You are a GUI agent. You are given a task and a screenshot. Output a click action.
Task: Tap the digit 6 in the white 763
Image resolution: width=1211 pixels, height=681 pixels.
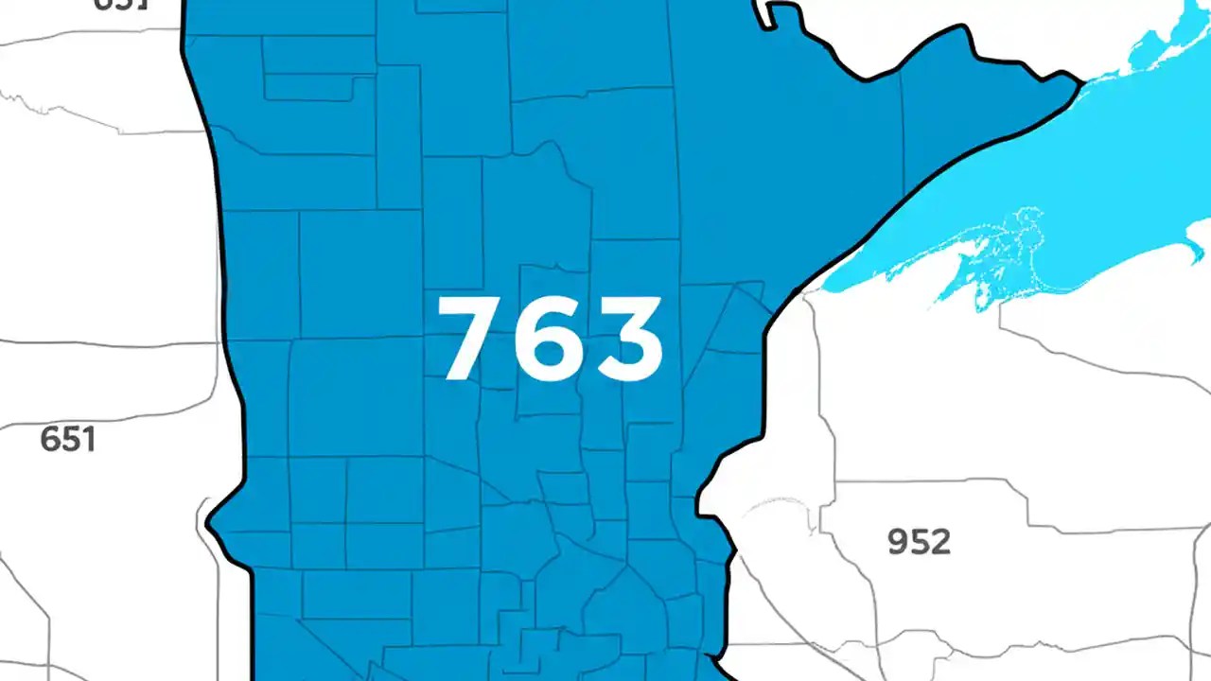[552, 339]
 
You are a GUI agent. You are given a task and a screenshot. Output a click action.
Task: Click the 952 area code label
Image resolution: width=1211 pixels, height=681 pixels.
[919, 542]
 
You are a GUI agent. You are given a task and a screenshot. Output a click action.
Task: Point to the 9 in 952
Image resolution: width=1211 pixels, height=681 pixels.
[899, 542]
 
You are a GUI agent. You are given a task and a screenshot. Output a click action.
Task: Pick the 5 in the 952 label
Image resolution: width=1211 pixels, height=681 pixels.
[920, 542]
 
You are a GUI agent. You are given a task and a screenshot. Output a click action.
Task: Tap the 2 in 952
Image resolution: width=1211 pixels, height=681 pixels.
[939, 542]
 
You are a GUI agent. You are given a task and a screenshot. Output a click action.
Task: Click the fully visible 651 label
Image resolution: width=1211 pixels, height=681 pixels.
[68, 440]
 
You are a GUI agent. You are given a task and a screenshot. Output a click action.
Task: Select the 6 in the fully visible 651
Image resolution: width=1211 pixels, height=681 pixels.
[51, 440]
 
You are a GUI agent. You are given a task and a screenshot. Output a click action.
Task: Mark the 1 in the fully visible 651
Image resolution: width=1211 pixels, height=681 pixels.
[89, 440]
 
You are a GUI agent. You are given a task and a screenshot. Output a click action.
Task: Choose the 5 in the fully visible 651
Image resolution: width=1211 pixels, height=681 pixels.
[71, 440]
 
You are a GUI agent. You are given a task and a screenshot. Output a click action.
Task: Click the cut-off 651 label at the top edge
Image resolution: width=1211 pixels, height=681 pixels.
[121, 4]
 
